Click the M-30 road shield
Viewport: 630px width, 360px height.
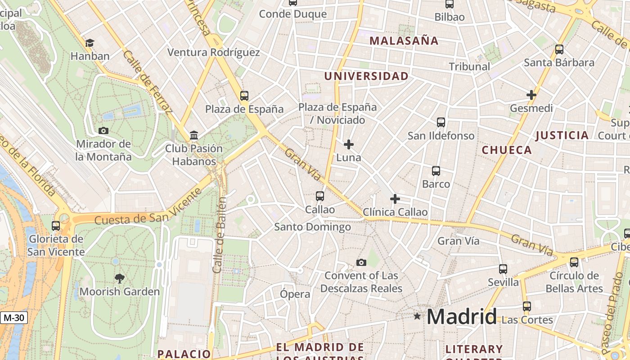click(13, 318)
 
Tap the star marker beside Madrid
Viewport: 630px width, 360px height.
click(417, 316)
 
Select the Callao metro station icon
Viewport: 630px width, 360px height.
click(319, 196)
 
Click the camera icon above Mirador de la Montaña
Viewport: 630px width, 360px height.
click(103, 131)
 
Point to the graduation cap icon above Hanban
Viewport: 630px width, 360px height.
click(90, 43)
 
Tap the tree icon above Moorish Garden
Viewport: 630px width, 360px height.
click(119, 278)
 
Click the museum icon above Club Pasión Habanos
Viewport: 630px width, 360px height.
click(194, 135)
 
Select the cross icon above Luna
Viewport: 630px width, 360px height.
click(348, 144)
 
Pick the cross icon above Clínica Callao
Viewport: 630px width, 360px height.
click(395, 199)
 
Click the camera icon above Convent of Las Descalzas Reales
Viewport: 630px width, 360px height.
click(361, 262)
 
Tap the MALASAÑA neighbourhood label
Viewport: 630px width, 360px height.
click(404, 41)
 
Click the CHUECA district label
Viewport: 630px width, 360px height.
click(507, 150)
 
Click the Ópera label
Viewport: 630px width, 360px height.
click(295, 294)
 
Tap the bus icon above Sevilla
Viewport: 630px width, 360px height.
click(503, 269)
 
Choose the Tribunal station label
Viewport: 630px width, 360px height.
click(469, 67)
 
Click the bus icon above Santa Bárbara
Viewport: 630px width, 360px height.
click(559, 49)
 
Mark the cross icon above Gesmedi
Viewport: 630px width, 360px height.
click(531, 95)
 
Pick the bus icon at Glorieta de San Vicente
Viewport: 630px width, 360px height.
click(56, 226)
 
